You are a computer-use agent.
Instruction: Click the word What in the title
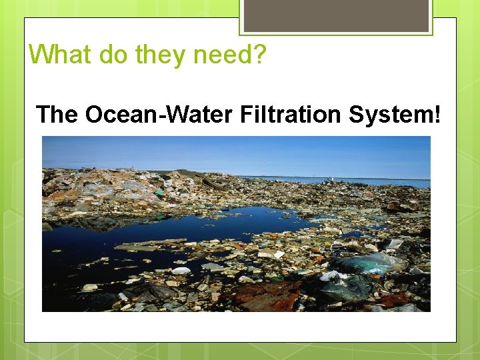click(x=61, y=54)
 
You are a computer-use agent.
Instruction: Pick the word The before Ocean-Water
click(x=57, y=115)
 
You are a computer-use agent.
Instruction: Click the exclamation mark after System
click(x=437, y=115)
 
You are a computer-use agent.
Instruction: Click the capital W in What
click(x=41, y=54)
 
